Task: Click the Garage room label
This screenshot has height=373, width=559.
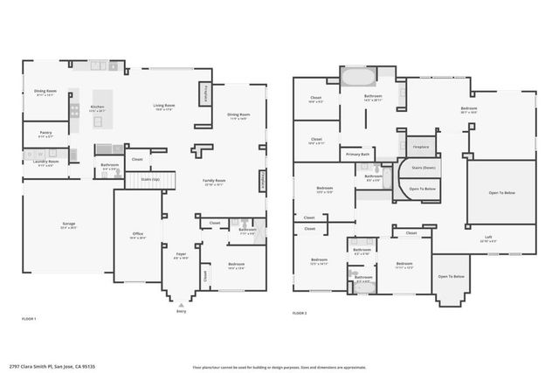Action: point(68,224)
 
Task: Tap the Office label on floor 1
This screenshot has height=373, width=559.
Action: point(138,233)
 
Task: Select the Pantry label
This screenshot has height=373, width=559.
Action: point(45,135)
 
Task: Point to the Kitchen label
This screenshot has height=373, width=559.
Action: point(98,107)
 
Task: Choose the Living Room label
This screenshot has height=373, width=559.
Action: point(165,106)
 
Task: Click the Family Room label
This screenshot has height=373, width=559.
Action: point(214,183)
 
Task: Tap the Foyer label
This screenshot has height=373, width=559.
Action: point(181,256)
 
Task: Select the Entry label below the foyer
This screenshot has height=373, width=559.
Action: point(181,308)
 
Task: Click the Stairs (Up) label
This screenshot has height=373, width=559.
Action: point(150,179)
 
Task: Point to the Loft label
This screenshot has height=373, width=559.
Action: point(488,237)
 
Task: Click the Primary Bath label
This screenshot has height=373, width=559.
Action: point(358,154)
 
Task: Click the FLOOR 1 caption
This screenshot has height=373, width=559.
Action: point(29,320)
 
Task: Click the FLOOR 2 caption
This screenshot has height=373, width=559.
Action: point(300,312)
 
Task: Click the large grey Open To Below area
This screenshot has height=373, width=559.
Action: point(500,191)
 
